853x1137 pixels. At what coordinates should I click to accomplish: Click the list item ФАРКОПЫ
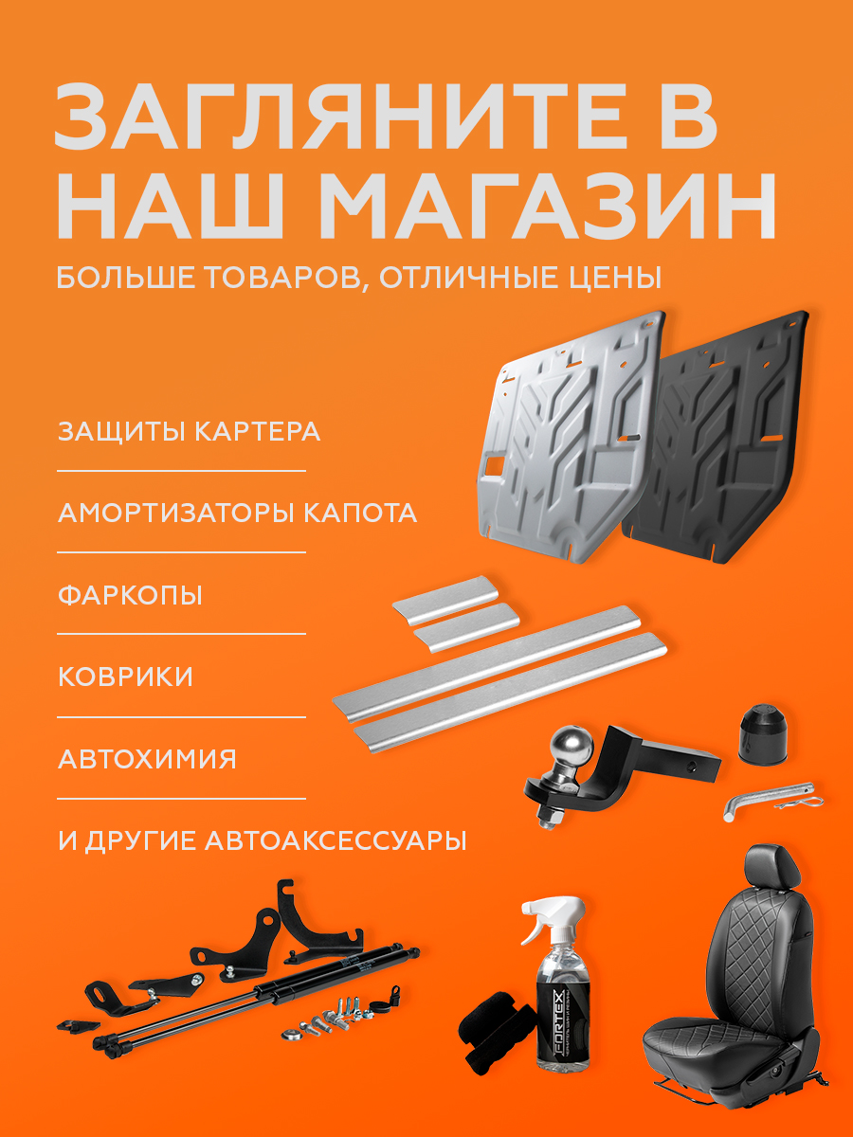tap(130, 595)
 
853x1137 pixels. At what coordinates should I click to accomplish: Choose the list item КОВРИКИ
tap(125, 676)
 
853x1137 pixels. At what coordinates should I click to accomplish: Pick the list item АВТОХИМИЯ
tap(147, 759)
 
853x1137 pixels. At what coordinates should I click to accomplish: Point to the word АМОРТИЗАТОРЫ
tap(175, 513)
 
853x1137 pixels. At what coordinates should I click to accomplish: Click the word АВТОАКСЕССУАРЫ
tap(336, 840)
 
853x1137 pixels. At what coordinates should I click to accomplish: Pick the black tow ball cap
tap(763, 732)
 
